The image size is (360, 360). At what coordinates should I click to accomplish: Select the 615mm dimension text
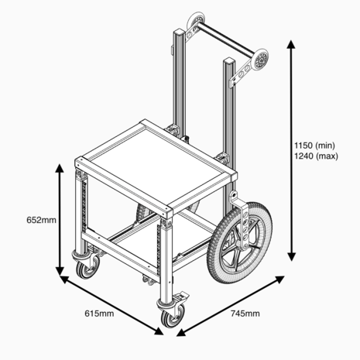tap(99, 314)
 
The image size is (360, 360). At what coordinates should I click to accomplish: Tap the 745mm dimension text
tap(244, 314)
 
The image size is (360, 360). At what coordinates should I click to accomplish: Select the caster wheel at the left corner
tap(84, 271)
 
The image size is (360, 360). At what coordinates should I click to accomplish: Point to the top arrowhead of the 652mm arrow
tap(60, 166)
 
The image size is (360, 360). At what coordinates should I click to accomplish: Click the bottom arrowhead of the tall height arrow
tap(291, 259)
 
